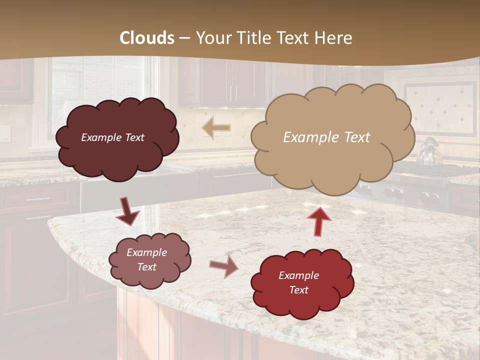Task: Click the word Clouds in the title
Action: pyautogui.click(x=147, y=38)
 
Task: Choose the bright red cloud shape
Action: pyautogui.click(x=302, y=283)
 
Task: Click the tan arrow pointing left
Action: pyautogui.click(x=215, y=128)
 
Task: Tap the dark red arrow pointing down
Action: pyautogui.click(x=127, y=212)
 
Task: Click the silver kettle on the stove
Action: pyautogui.click(x=428, y=152)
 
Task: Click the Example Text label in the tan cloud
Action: pyautogui.click(x=326, y=137)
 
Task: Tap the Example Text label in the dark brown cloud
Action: pyautogui.click(x=112, y=137)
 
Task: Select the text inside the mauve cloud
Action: pyautogui.click(x=147, y=259)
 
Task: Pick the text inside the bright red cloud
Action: pyautogui.click(x=298, y=282)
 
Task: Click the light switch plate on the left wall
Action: pyautogui.click(x=4, y=132)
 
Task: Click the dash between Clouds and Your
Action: pyautogui.click(x=184, y=38)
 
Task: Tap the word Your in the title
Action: pyautogui.click(x=213, y=38)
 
